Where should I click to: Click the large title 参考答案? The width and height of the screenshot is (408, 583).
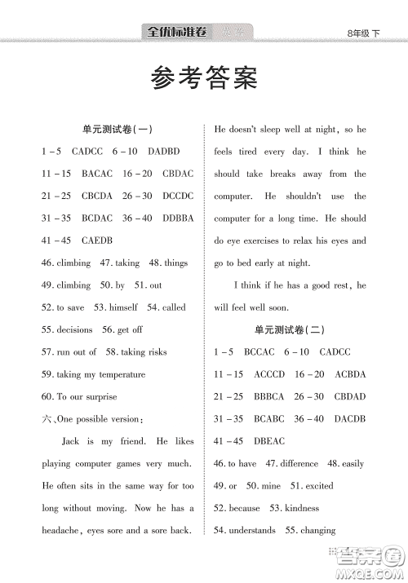click(204, 79)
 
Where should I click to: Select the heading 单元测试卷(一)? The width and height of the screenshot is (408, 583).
click(118, 130)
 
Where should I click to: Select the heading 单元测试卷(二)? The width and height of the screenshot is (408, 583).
click(290, 329)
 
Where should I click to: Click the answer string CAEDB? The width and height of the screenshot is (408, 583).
click(96, 241)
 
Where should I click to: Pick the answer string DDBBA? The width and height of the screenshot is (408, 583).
click(178, 219)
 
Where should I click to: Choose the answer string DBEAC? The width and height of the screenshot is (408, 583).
click(269, 441)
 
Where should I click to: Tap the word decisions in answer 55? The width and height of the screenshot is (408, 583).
click(73, 329)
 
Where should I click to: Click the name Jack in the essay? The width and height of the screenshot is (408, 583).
click(72, 441)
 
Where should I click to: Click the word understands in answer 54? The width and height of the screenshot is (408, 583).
click(252, 530)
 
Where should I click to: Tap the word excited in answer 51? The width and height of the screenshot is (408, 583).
click(319, 486)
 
